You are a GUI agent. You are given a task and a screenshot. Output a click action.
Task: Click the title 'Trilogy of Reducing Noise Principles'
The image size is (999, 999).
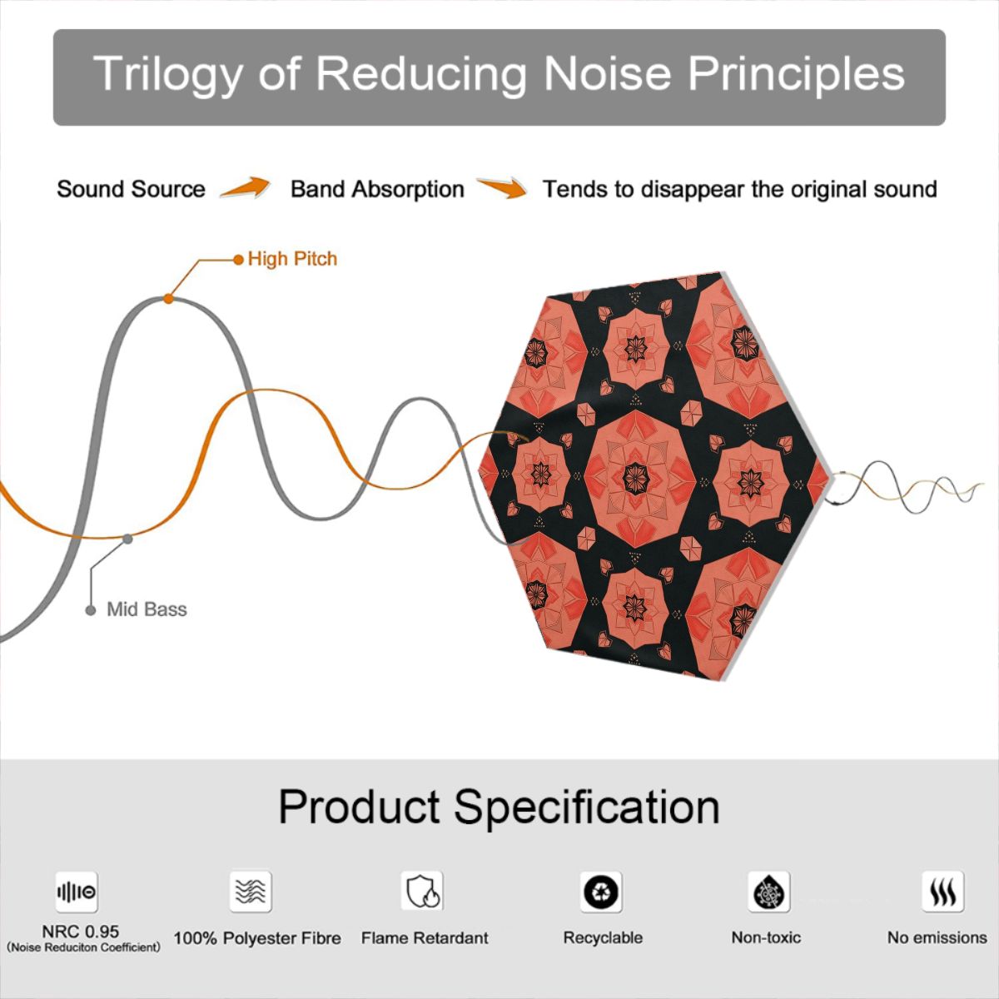click(499, 74)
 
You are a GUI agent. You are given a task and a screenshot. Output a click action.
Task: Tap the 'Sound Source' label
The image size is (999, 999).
click(132, 189)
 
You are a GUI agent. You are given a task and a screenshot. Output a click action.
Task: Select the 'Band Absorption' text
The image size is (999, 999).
click(377, 189)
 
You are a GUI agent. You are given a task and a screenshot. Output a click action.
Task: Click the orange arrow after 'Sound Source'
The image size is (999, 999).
click(246, 186)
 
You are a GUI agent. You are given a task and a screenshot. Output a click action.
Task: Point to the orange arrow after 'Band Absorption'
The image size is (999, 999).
click(502, 187)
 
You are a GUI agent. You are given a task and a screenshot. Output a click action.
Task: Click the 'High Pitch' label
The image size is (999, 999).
click(292, 259)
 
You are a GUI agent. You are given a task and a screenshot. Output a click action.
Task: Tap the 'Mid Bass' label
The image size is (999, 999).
click(147, 609)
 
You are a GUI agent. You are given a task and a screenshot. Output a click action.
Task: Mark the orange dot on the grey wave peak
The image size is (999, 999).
click(168, 299)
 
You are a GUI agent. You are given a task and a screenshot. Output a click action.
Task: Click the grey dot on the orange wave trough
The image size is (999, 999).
click(127, 539)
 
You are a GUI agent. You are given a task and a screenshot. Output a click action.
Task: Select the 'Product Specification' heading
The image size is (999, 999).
click(499, 808)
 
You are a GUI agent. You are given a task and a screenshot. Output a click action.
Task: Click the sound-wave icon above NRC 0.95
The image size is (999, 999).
click(77, 892)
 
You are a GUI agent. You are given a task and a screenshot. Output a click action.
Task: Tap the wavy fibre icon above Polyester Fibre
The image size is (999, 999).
click(251, 891)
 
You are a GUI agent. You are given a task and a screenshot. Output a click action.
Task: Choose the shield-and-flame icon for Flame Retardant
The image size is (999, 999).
click(422, 891)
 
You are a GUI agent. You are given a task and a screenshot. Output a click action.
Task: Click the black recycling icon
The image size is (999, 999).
click(601, 892)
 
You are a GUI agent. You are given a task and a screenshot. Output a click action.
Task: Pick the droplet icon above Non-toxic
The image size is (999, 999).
click(769, 892)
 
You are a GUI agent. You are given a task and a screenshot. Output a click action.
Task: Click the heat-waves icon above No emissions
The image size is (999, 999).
click(943, 892)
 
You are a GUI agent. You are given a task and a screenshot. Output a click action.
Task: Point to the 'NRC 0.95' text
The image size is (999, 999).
click(81, 931)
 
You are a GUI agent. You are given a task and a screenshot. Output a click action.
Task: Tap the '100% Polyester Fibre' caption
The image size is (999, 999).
click(257, 938)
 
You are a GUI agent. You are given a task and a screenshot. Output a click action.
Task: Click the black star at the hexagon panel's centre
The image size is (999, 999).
click(635, 479)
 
